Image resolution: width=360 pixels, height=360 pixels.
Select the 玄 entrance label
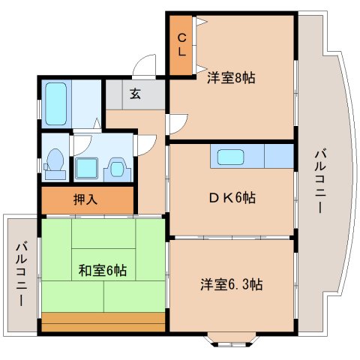pyautogui.click(x=135, y=94)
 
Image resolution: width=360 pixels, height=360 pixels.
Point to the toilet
pyautogui.click(x=54, y=162)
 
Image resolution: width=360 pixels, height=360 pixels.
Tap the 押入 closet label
pyautogui.click(x=85, y=200)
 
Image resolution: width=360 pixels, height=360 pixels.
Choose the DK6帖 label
pyautogui.click(x=231, y=198)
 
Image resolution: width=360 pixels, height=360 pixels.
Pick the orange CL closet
pyautogui.click(x=182, y=46)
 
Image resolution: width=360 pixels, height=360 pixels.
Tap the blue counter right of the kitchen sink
pyautogui.click(x=278, y=157)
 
